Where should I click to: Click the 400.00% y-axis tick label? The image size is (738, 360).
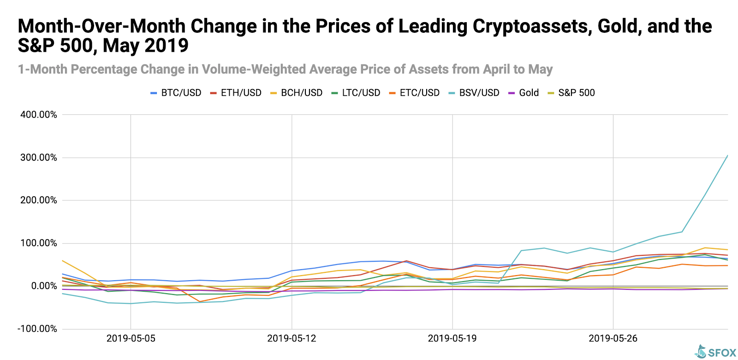[x=39, y=115]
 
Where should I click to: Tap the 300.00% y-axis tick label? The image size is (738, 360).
[x=39, y=158]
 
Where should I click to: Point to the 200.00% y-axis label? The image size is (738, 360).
[x=39, y=201]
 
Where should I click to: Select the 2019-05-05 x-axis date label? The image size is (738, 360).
[x=131, y=338]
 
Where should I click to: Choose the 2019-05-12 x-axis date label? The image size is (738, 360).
[x=292, y=338]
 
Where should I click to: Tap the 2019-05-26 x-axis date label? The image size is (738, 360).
[x=613, y=338]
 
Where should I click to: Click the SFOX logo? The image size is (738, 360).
[x=716, y=352]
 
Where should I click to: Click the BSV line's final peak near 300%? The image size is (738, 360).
[x=727, y=156]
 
